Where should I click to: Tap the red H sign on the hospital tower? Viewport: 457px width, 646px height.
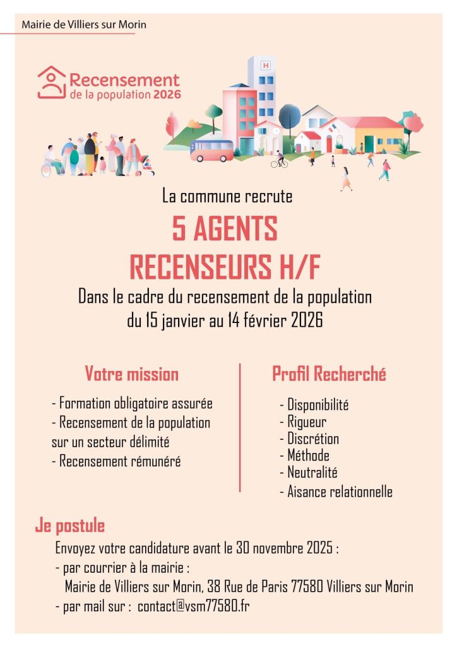click(265, 65)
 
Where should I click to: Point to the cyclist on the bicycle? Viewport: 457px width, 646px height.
click(279, 160)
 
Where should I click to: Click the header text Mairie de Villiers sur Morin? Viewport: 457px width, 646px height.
click(84, 25)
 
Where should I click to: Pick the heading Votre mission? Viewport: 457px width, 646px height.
click(132, 374)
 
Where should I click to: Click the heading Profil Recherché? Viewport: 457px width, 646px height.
click(329, 374)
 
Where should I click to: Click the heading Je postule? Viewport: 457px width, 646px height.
click(70, 526)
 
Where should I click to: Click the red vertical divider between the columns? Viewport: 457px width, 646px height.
click(240, 427)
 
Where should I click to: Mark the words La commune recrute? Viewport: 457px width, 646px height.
click(227, 196)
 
